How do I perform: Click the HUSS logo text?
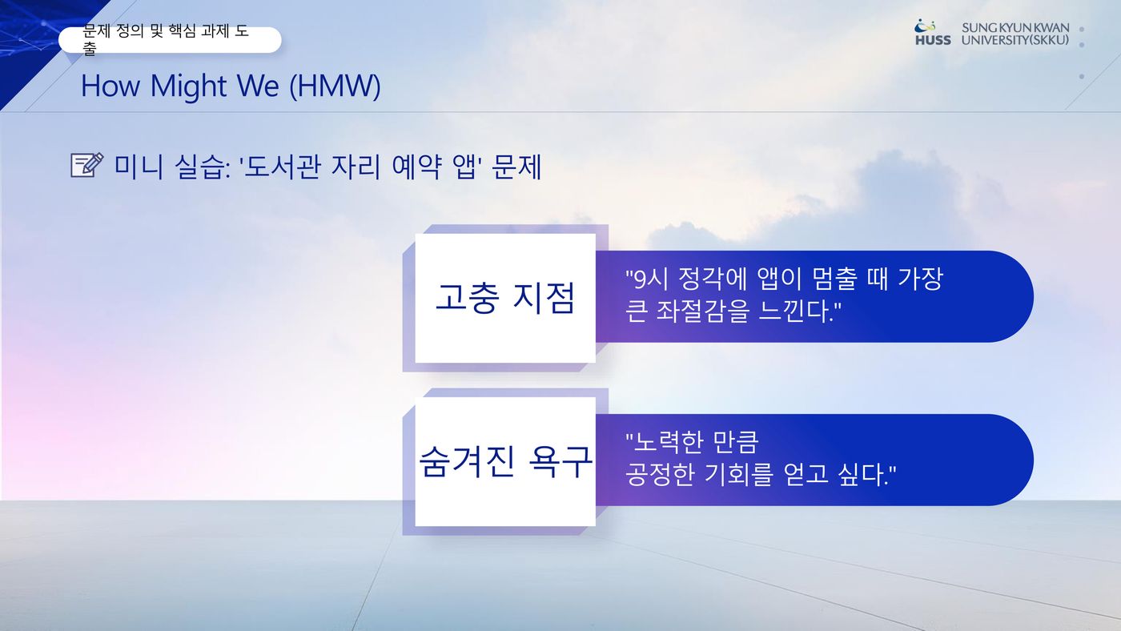point(933,40)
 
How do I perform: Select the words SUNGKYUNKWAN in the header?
point(1015,28)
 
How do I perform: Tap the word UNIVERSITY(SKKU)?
point(1015,40)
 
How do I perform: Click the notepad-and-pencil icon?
point(87,165)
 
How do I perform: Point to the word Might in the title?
point(189,86)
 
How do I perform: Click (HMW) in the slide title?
point(335,86)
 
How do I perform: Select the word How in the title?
point(110,86)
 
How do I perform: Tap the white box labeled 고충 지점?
point(505,298)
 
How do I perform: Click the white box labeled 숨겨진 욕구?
point(505,461)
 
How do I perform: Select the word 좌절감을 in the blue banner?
point(703,311)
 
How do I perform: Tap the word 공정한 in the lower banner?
point(660,474)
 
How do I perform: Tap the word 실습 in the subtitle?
point(199,167)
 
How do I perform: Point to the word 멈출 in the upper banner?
point(834,279)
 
